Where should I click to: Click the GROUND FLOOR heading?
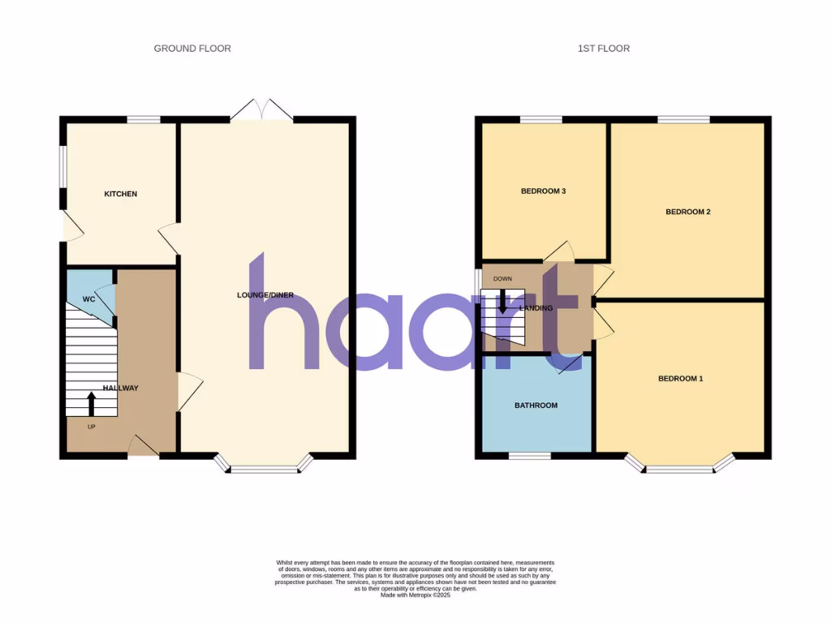[192, 49]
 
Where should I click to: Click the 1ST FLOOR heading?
[603, 49]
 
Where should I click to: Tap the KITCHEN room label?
[120, 194]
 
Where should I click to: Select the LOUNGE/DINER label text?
[265, 295]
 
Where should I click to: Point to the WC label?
[89, 299]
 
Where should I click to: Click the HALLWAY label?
[120, 389]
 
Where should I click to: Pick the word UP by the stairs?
[92, 426]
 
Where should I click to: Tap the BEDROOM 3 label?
[543, 191]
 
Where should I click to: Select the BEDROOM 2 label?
[688, 213]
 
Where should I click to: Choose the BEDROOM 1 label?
[680, 379]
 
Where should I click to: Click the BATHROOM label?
[536, 405]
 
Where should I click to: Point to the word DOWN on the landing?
[502, 279]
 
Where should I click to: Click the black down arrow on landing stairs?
[502, 302]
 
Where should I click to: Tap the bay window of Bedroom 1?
[679, 466]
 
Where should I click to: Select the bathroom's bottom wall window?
[529, 456]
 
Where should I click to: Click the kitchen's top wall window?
[144, 120]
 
